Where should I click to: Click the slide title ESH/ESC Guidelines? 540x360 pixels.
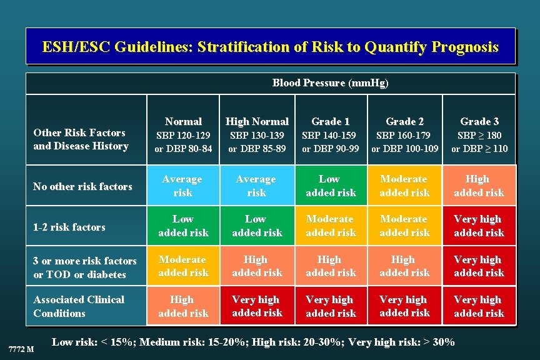coord(270,47)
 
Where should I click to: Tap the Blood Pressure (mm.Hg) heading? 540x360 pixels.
coord(330,83)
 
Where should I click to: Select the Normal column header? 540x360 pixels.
coord(183,121)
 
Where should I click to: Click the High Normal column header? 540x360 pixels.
coord(257,121)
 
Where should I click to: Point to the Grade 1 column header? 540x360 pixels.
coord(331,121)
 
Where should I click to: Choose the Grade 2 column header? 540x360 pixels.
coord(404,121)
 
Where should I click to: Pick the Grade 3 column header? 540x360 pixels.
coord(479,121)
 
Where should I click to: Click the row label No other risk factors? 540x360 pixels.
coord(82,186)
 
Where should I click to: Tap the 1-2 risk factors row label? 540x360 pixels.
coord(69,226)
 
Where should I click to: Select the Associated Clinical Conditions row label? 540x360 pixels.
coord(79,306)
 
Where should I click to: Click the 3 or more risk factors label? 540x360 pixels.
coord(85,267)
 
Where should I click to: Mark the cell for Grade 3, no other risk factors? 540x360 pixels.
coord(479,186)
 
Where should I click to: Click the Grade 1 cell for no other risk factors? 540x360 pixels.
coord(331,186)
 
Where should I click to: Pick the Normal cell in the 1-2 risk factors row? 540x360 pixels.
coord(183,226)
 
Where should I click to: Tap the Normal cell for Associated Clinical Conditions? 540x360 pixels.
coord(183,306)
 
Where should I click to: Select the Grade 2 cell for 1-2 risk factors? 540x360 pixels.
coord(404,226)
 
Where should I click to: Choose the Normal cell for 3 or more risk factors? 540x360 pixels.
coord(183,266)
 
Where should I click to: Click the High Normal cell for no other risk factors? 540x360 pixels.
coord(257,186)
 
